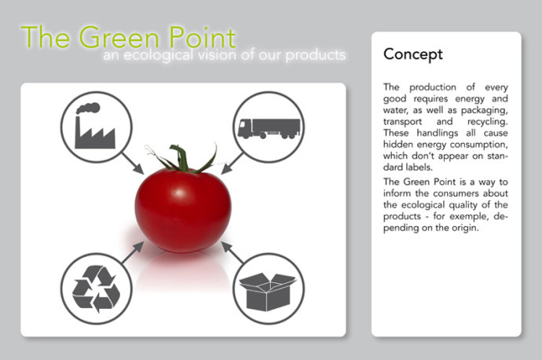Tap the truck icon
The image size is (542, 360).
[269, 129]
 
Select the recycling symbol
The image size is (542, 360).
[96, 288]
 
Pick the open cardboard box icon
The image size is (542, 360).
[268, 292]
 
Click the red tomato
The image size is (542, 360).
[183, 209]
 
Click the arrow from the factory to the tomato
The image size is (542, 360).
[133, 163]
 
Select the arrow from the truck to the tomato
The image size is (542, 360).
[233, 163]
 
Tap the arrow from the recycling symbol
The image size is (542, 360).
[133, 252]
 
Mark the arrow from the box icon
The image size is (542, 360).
[233, 252]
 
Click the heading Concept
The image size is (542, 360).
[413, 55]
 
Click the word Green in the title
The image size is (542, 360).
[119, 37]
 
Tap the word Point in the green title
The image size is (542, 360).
[203, 37]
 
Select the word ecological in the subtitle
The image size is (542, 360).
[159, 56]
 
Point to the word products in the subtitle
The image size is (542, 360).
[316, 56]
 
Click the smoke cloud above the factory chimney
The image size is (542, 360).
[89, 108]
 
